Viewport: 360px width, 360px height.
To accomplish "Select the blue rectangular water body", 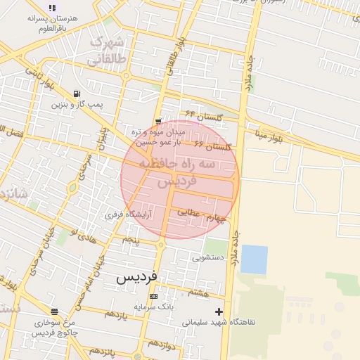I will point(254,259).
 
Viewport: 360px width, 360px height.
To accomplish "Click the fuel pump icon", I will point(76,94).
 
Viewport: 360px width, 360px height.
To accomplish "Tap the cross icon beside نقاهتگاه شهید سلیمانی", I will point(219,311).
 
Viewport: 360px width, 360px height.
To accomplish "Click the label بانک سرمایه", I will point(153,307).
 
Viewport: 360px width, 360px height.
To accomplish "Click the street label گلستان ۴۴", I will point(204,114).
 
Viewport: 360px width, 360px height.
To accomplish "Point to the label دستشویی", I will point(208,257).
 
